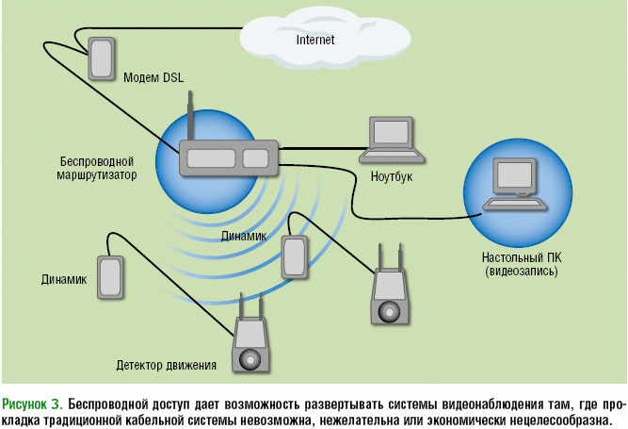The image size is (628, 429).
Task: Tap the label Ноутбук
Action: [392, 176]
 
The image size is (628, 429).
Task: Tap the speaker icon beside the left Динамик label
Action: [111, 277]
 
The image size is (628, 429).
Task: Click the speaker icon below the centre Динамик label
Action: [294, 255]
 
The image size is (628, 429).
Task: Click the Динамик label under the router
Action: [245, 236]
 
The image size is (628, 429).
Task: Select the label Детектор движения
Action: [167, 365]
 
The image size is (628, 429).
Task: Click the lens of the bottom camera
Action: [249, 358]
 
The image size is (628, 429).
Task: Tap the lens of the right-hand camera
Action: [388, 309]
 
